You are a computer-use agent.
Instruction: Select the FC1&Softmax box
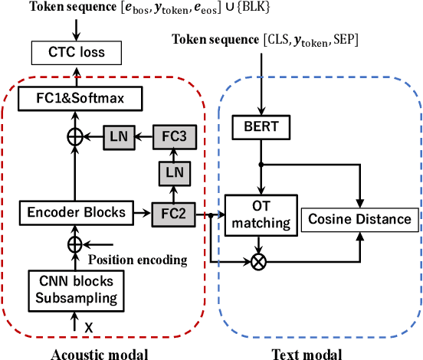75,98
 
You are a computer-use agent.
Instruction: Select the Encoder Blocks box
75,211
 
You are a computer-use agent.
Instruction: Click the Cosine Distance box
359,220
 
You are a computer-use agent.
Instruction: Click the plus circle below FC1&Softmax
75,136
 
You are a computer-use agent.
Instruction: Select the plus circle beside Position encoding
75,245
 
